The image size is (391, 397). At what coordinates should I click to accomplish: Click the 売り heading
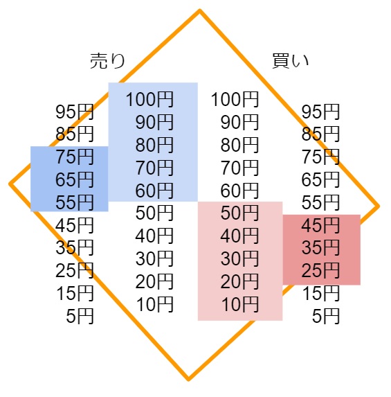pos(107,61)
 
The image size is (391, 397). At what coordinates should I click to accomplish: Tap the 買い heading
pos(291,61)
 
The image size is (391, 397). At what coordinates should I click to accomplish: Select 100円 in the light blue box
pos(149,100)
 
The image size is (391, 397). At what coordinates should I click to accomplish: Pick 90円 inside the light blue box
pos(154,123)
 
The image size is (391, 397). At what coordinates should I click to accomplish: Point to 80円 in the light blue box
pos(154,145)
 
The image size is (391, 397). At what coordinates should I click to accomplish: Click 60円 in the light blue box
pos(154,191)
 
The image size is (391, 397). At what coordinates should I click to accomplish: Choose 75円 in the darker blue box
pos(75,157)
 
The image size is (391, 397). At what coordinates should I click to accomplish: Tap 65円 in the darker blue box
pos(75,179)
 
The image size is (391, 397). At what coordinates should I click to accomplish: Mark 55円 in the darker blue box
pos(75,202)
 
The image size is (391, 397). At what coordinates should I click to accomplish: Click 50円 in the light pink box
pos(239,213)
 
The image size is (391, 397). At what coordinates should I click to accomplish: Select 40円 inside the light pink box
pos(239,236)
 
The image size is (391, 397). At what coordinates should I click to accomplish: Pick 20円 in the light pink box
pos(239,281)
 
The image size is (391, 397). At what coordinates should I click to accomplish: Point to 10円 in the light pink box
pos(240,304)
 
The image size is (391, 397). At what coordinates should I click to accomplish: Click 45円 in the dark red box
pos(320,225)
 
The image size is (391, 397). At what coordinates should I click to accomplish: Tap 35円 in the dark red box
pos(320,247)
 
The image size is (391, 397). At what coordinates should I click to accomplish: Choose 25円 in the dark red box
pos(320,270)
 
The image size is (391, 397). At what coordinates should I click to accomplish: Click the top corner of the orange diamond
pos(200,10)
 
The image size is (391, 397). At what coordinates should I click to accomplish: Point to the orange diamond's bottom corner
pos(188,380)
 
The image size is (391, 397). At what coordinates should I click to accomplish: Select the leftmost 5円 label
pos(80,316)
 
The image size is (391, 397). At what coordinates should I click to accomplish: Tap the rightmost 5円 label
pos(326,316)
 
